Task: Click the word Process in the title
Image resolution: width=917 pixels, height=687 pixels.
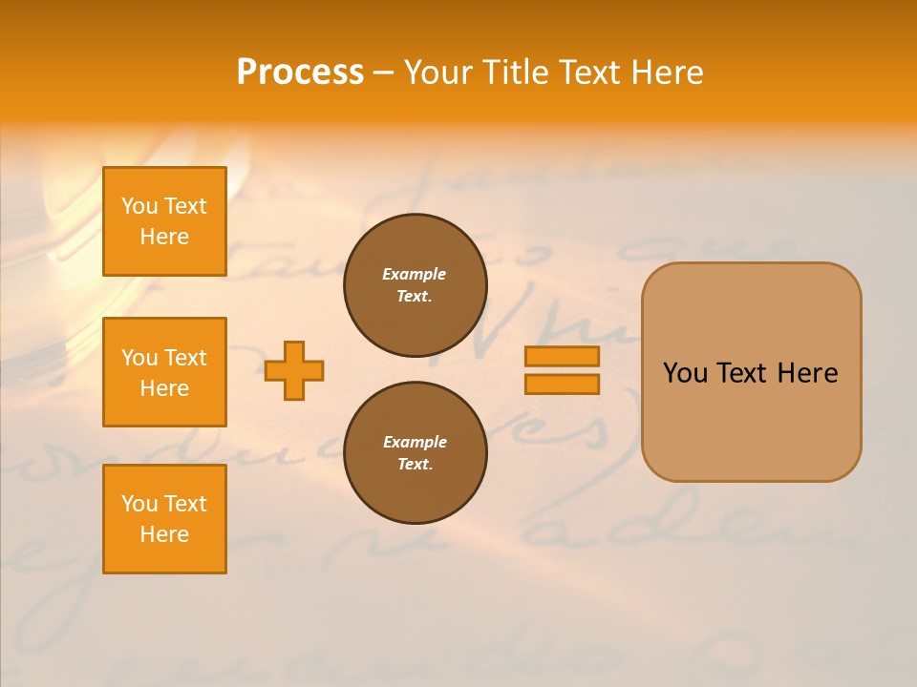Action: pyautogui.click(x=300, y=73)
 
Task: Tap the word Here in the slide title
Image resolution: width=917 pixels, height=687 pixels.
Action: pyautogui.click(x=665, y=73)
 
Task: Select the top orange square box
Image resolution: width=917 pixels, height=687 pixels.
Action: pyautogui.click(x=164, y=221)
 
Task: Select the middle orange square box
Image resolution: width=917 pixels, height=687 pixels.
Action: pyautogui.click(x=164, y=372)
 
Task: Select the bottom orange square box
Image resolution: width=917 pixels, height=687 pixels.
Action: pyautogui.click(x=164, y=518)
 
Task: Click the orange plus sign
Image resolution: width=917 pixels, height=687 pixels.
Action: pyautogui.click(x=294, y=370)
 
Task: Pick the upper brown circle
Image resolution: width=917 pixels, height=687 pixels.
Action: pyautogui.click(x=415, y=285)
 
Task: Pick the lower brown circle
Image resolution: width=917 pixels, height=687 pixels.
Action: pyautogui.click(x=415, y=453)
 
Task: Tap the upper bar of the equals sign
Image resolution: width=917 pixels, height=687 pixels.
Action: pyautogui.click(x=562, y=357)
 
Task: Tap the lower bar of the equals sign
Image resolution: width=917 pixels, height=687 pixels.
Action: pyautogui.click(x=562, y=384)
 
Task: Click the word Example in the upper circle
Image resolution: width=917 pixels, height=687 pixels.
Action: pyautogui.click(x=415, y=275)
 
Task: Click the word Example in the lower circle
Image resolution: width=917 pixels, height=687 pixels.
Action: pyautogui.click(x=415, y=443)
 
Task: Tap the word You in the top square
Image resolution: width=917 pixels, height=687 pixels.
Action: pyautogui.click(x=139, y=207)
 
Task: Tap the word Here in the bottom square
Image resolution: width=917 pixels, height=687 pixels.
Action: pyautogui.click(x=164, y=534)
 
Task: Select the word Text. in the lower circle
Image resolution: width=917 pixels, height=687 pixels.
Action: pyautogui.click(x=415, y=465)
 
